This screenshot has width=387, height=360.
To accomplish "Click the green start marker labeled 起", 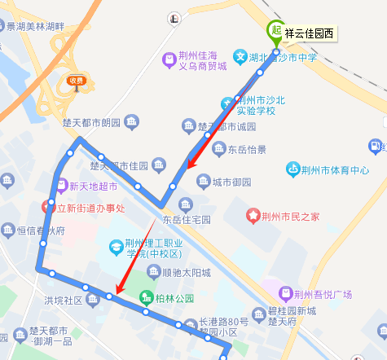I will click(x=276, y=31).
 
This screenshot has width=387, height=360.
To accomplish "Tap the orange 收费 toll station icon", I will click(x=77, y=81).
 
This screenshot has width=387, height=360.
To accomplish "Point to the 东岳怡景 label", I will click(x=246, y=149).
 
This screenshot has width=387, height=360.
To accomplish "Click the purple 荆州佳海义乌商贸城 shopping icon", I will click(x=169, y=59).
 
